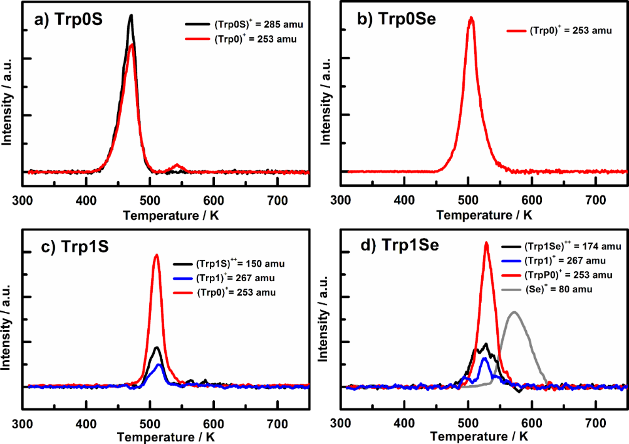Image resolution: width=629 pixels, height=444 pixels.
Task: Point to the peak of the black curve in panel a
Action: [x=131, y=16]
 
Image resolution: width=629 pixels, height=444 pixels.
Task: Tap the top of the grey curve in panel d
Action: [x=514, y=311]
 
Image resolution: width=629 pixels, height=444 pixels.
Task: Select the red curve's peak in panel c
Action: [x=157, y=254]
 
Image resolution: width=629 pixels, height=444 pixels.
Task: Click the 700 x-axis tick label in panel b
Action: [x=596, y=200]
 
